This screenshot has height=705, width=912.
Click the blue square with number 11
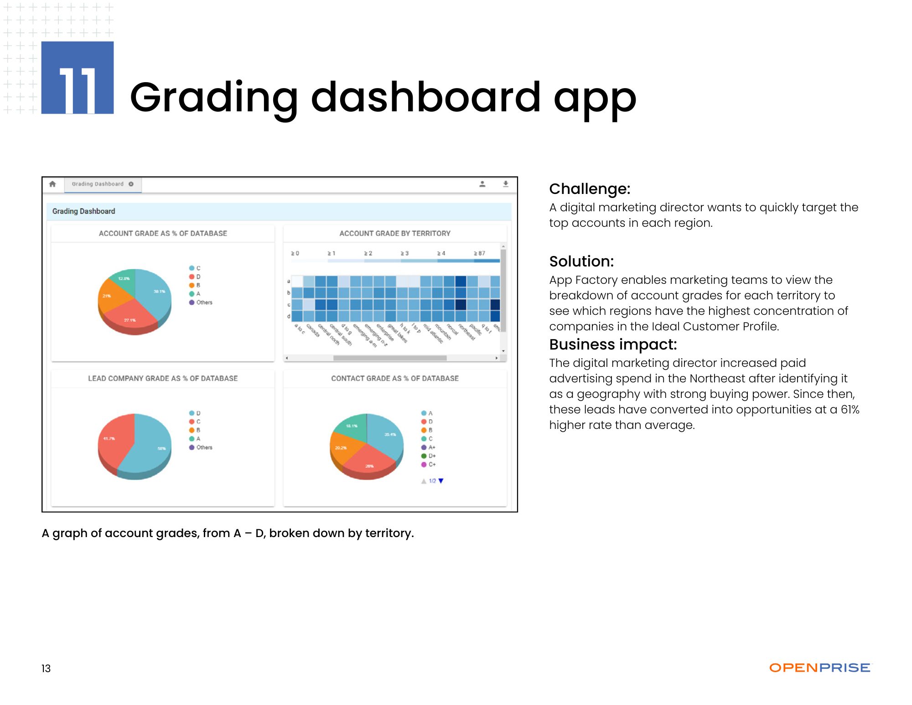click(x=77, y=78)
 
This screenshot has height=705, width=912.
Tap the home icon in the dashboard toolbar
click(x=52, y=184)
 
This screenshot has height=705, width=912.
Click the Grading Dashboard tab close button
click(x=131, y=184)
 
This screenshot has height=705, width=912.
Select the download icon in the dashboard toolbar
click(x=505, y=184)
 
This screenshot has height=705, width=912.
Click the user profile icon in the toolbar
click(x=482, y=184)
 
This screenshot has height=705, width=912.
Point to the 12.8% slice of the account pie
click(x=124, y=280)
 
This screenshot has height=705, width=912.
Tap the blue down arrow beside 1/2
click(x=441, y=480)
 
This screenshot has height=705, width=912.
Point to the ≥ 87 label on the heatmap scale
click(x=479, y=253)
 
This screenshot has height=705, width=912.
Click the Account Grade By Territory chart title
click(x=395, y=233)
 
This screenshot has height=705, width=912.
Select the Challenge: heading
click(x=590, y=188)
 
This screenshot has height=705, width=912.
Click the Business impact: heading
click(x=613, y=344)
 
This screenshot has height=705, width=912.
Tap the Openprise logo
click(x=819, y=668)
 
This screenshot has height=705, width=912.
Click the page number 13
click(x=46, y=668)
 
